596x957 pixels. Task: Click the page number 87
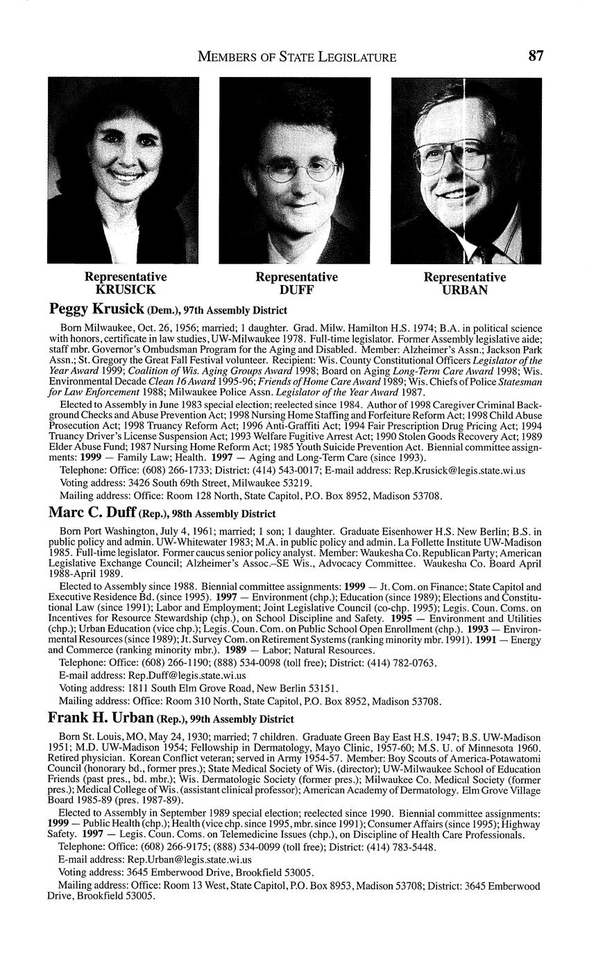pos(535,56)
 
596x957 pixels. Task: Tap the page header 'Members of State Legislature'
pos(297,57)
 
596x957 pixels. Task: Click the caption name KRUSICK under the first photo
pos(126,290)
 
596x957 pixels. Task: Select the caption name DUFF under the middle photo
pos(296,290)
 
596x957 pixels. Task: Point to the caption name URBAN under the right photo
pos(465,290)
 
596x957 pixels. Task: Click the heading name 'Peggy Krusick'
pos(96,309)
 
